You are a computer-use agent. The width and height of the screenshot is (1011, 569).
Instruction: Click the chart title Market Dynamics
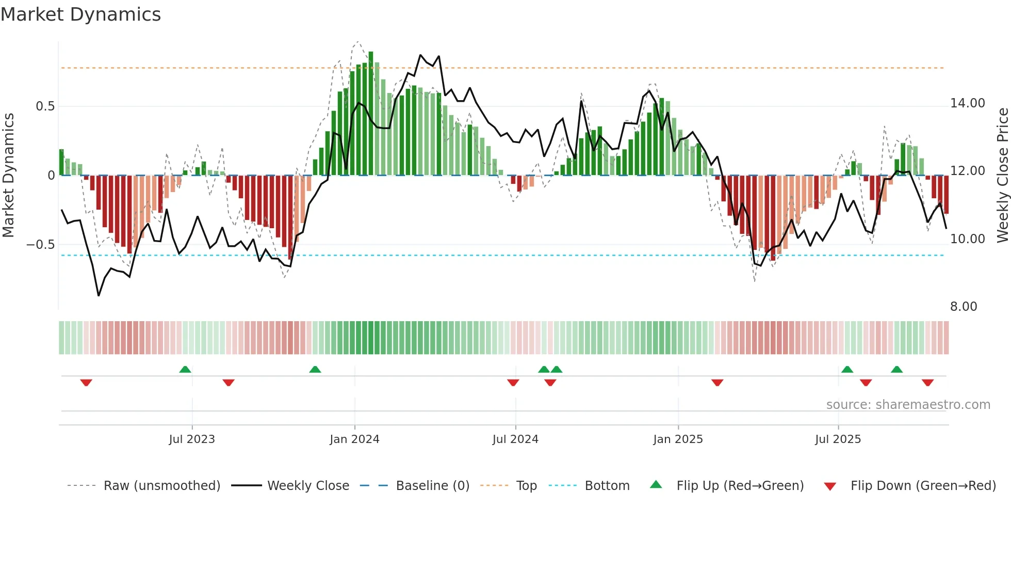[x=81, y=14]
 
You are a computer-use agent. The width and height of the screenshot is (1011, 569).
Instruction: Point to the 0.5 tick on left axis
[x=45, y=106]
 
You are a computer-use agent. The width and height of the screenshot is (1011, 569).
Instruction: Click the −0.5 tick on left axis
[x=41, y=245]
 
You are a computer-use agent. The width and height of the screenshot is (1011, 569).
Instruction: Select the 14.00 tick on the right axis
[x=967, y=103]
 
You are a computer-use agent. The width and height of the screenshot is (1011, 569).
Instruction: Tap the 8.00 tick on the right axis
[x=963, y=307]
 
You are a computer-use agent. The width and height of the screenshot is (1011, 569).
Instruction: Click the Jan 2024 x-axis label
[x=354, y=439]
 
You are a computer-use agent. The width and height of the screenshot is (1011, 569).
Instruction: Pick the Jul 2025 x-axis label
[x=838, y=439]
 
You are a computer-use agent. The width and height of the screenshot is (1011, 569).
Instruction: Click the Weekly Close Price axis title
[x=1002, y=175]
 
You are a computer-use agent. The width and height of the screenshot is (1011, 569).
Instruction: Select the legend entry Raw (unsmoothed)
[x=161, y=486]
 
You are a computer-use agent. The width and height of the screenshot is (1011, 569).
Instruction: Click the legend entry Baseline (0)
[x=432, y=486]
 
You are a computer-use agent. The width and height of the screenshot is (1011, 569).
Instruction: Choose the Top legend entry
[x=526, y=486]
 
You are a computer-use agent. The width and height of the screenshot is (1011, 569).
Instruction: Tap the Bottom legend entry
[x=607, y=486]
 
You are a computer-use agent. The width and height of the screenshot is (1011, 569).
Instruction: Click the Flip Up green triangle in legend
[x=656, y=484]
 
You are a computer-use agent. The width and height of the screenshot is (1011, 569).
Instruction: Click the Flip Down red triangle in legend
[x=830, y=486]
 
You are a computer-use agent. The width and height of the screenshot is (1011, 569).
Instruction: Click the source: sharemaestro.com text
[x=908, y=405]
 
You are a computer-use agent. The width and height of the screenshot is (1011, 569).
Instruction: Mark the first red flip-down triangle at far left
[x=86, y=383]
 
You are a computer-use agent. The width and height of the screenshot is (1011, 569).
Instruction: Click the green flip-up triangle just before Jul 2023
[x=185, y=369]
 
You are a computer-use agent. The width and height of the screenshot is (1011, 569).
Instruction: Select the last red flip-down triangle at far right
[x=927, y=383]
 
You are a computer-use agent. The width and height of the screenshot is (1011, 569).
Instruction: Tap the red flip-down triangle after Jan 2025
[x=717, y=383]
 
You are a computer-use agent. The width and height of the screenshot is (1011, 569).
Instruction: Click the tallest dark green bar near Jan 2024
[x=371, y=114]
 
